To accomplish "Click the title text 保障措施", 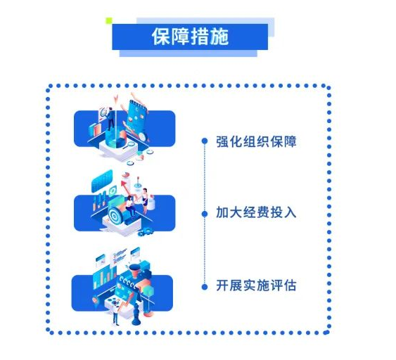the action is coord(190,37).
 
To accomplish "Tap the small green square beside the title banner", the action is coord(109,20).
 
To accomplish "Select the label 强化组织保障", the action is coord(256,141).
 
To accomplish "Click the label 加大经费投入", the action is coord(256,212).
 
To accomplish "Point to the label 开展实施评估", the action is coord(256,285).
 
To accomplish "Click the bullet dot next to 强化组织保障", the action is coord(205,141).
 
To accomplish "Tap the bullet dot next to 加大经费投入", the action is coord(205,214).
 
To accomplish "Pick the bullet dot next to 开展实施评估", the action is coord(205,287).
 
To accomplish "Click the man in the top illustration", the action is coord(110,119).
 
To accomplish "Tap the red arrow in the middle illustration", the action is coord(124,187).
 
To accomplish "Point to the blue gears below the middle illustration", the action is coord(145,231).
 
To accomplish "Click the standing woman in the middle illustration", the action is coord(145,201).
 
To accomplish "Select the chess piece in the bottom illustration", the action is coord(136,314).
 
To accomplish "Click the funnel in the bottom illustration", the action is coord(134,271).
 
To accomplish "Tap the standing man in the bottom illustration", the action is coord(115,312).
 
